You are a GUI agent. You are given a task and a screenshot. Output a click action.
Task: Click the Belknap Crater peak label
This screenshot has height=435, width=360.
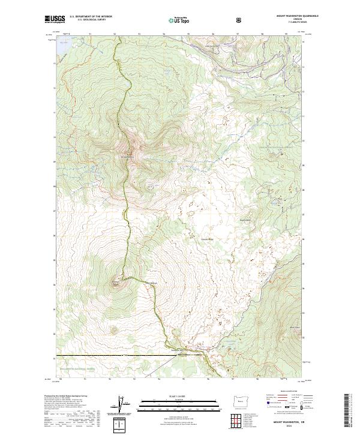115,280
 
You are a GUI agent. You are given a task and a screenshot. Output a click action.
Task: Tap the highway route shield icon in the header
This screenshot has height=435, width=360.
239,20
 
